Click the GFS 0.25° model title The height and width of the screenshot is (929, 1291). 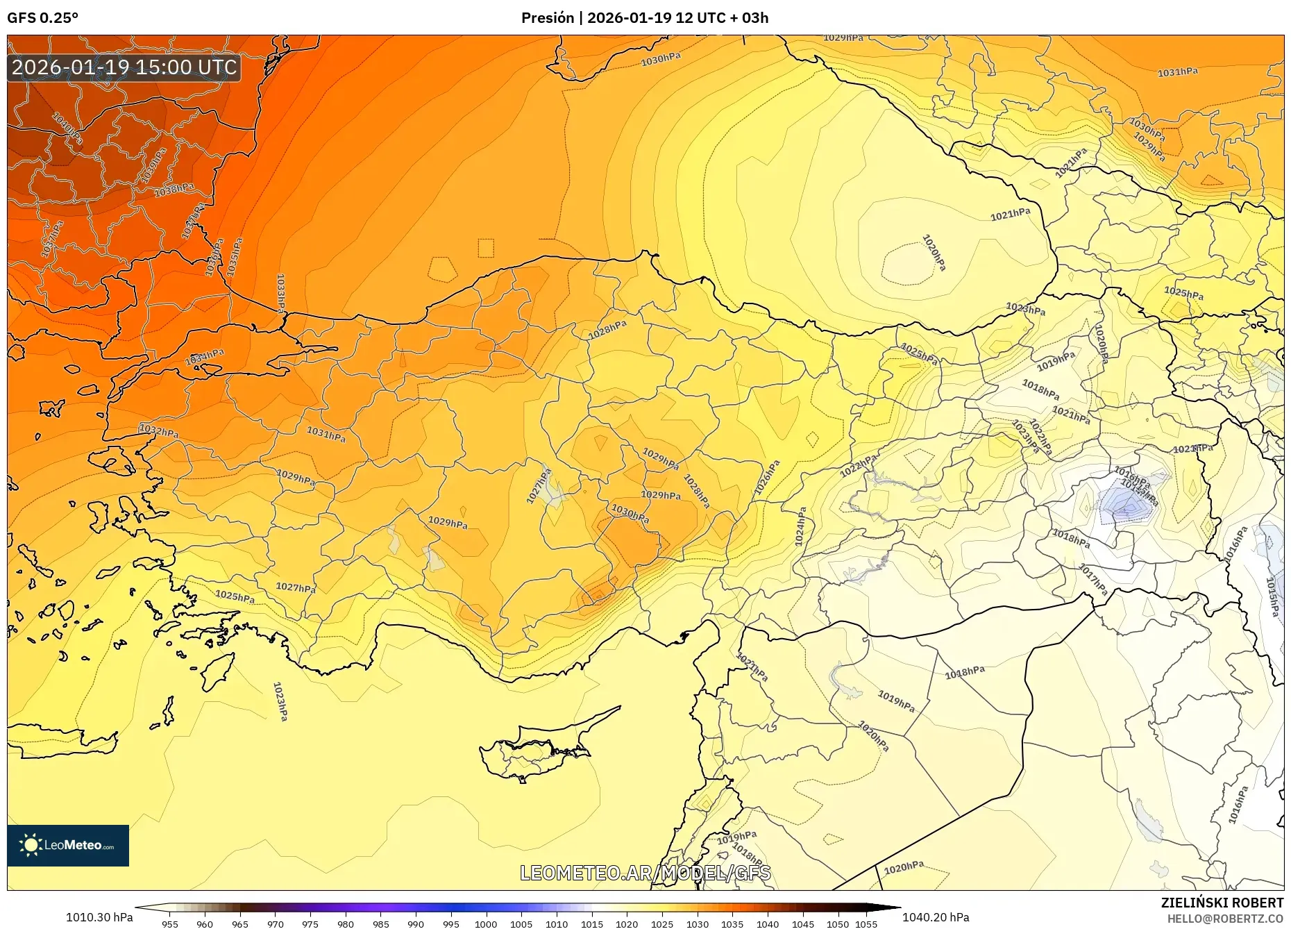point(42,18)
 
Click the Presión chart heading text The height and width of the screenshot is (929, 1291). point(645,18)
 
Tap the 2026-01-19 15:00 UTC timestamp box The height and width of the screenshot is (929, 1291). point(124,67)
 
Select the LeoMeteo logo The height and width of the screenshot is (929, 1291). point(68,845)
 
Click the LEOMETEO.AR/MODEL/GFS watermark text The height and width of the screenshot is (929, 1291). point(645,873)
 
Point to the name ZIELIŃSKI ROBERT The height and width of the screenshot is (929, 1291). point(1222,903)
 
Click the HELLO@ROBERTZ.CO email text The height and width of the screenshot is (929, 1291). point(1225,919)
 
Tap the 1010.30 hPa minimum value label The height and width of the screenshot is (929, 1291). point(99,917)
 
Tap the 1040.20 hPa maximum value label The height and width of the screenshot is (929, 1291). point(936,917)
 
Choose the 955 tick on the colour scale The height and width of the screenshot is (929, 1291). point(169,924)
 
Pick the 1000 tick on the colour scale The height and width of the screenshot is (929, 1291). point(486,924)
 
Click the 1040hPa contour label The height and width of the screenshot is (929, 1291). point(68,129)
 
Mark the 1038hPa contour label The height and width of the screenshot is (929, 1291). point(174,190)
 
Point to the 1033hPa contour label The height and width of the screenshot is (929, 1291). point(280,293)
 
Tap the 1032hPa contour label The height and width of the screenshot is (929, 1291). point(159,431)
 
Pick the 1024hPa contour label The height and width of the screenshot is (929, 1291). point(801,526)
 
